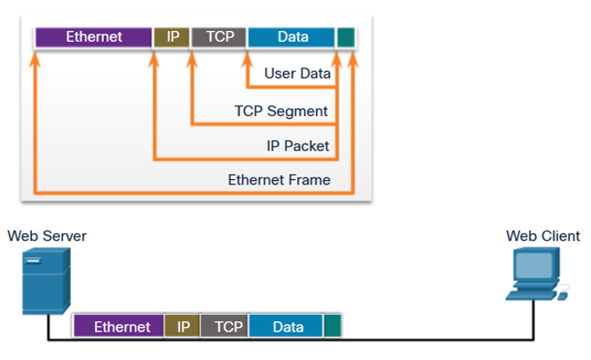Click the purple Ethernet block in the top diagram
(93, 37)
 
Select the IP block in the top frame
(172, 37)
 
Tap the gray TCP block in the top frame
(218, 37)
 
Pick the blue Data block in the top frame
(291, 37)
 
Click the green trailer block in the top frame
(346, 37)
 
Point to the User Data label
(297, 74)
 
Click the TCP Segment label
(280, 111)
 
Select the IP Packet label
(298, 145)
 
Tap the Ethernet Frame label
(279, 180)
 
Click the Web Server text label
(47, 236)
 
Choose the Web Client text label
(543, 236)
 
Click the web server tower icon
(46, 280)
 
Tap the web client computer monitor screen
(534, 265)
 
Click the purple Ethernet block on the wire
(119, 326)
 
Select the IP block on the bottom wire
(183, 326)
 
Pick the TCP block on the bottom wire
(225, 326)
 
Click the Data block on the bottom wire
(286, 326)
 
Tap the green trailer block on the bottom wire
(333, 326)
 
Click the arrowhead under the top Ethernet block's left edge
(35, 59)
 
